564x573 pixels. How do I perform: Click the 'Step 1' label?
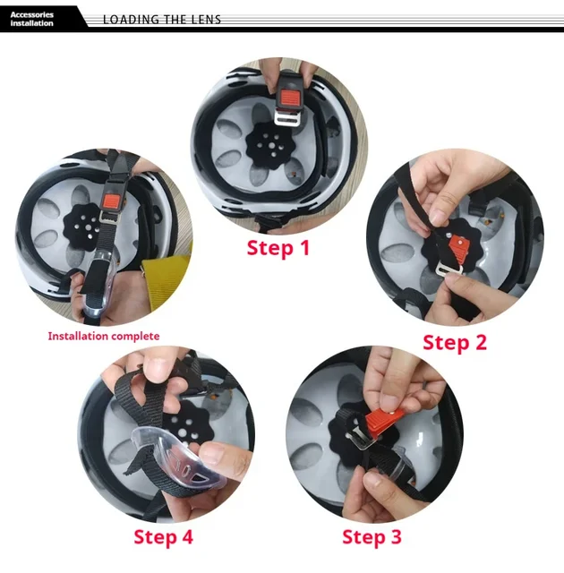(x=278, y=248)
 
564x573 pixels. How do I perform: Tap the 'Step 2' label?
(x=455, y=343)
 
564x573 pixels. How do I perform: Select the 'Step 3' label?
(x=372, y=537)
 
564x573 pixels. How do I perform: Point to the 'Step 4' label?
(x=163, y=537)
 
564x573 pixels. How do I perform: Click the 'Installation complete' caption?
(x=104, y=337)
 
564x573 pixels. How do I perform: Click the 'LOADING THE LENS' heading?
(x=162, y=20)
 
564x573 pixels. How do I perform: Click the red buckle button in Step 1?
(x=290, y=98)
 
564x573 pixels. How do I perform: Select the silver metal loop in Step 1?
(x=287, y=118)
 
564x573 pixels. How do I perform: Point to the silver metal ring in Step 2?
(x=449, y=270)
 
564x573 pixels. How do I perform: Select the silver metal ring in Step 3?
(x=362, y=439)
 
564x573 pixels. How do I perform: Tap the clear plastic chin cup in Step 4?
(x=177, y=458)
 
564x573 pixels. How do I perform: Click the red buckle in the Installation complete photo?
(x=112, y=201)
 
